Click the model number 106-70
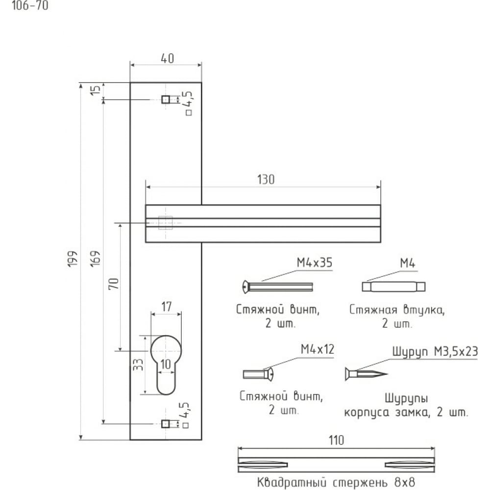(x=30, y=5)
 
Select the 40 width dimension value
(x=168, y=58)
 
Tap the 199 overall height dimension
(x=73, y=259)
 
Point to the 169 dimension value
(x=96, y=258)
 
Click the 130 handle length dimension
(x=266, y=180)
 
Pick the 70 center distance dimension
(x=114, y=283)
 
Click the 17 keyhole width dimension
(x=166, y=307)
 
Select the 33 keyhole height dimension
(x=138, y=365)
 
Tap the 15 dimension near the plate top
(x=96, y=90)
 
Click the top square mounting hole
(x=166, y=99)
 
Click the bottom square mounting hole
(x=166, y=424)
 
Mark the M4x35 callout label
(x=315, y=263)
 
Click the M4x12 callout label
(x=318, y=349)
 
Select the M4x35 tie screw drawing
(x=277, y=287)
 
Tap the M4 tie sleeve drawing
(x=394, y=287)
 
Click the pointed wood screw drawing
(x=366, y=374)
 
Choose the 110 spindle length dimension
(x=336, y=441)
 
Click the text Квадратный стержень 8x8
(x=336, y=482)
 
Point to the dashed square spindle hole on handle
(x=165, y=223)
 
